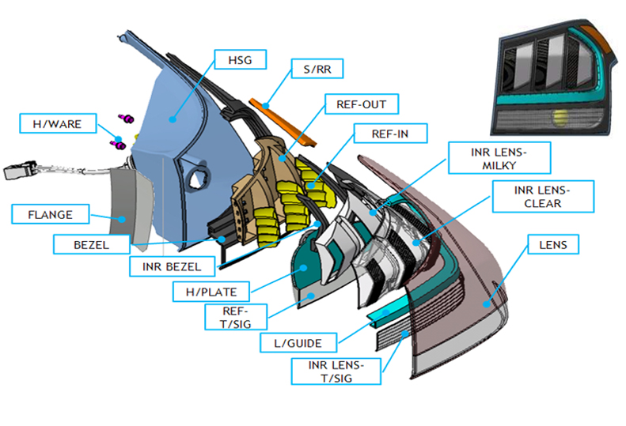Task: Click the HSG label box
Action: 241,59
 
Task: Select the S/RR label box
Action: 317,70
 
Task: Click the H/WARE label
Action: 51,123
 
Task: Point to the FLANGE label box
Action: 50,214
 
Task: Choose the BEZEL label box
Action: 92,244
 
